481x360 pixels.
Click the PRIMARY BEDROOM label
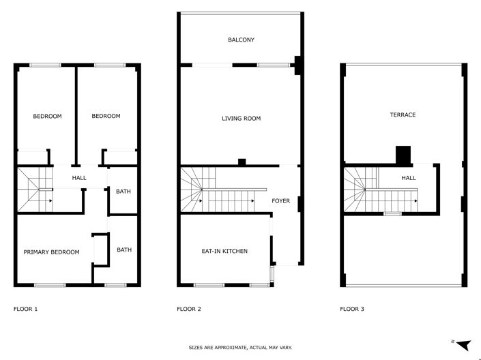(51, 252)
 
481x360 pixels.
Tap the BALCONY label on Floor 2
(241, 40)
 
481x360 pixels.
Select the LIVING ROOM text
(241, 119)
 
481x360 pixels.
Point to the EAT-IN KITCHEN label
(224, 252)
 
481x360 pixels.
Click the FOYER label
(281, 201)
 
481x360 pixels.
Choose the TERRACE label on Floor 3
(403, 115)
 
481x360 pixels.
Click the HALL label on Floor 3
(408, 178)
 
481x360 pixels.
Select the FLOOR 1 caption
(26, 310)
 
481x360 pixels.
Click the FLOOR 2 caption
(189, 310)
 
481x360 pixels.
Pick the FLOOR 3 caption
(352, 310)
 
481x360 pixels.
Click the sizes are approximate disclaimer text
(240, 348)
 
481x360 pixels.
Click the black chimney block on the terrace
(404, 156)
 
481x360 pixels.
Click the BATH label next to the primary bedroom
(124, 250)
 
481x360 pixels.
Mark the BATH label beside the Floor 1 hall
(123, 192)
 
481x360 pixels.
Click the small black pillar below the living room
(242, 162)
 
